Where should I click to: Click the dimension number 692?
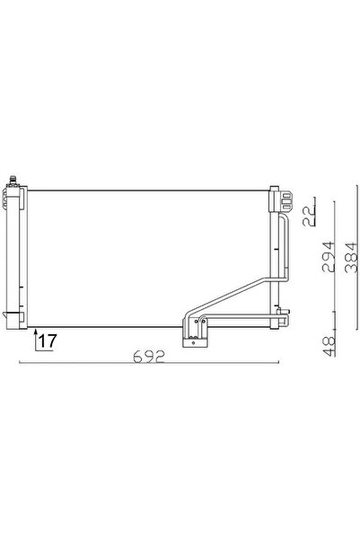[x=152, y=356]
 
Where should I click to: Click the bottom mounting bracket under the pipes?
[x=194, y=339]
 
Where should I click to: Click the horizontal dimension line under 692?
[x=152, y=364]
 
